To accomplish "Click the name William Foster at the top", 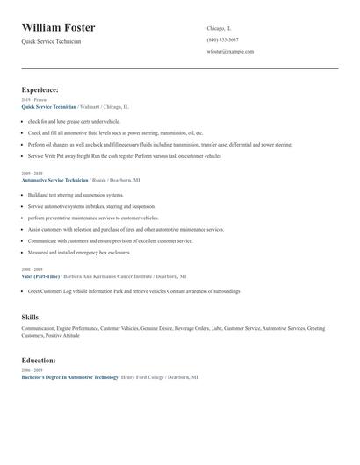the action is [x=59, y=28].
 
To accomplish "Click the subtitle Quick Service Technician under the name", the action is [x=51, y=42].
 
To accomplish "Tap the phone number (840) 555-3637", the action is [x=222, y=39].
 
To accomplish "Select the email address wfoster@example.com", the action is [x=230, y=52].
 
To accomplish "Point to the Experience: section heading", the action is [x=40, y=89].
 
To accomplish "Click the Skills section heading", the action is [x=30, y=317].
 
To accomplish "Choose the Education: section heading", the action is [x=39, y=360].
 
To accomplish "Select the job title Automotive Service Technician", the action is [x=54, y=180].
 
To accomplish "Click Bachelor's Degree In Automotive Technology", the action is [x=69, y=376].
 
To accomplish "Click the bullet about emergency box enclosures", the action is [x=79, y=252].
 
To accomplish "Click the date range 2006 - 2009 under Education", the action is [x=32, y=370].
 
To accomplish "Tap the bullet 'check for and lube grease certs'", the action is [x=74, y=121].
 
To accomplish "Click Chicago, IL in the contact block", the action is [x=219, y=28].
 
